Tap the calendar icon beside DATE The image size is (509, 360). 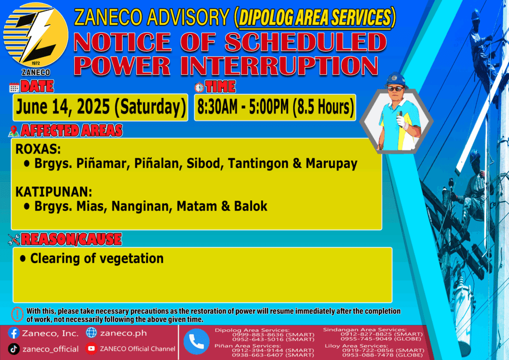point(14,88)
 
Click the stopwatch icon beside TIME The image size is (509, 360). point(199,88)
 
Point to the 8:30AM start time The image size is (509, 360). point(218,107)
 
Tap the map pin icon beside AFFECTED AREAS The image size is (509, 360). point(13,131)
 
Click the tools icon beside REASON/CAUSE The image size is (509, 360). point(14,239)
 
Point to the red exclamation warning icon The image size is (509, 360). point(17,314)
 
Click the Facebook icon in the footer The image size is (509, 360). point(13,333)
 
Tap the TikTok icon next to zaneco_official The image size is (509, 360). point(13,349)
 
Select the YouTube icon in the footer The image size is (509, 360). point(91,349)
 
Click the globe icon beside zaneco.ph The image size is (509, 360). point(91,333)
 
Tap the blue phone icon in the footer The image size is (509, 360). point(196,342)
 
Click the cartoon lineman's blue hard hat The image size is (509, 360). point(395,80)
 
